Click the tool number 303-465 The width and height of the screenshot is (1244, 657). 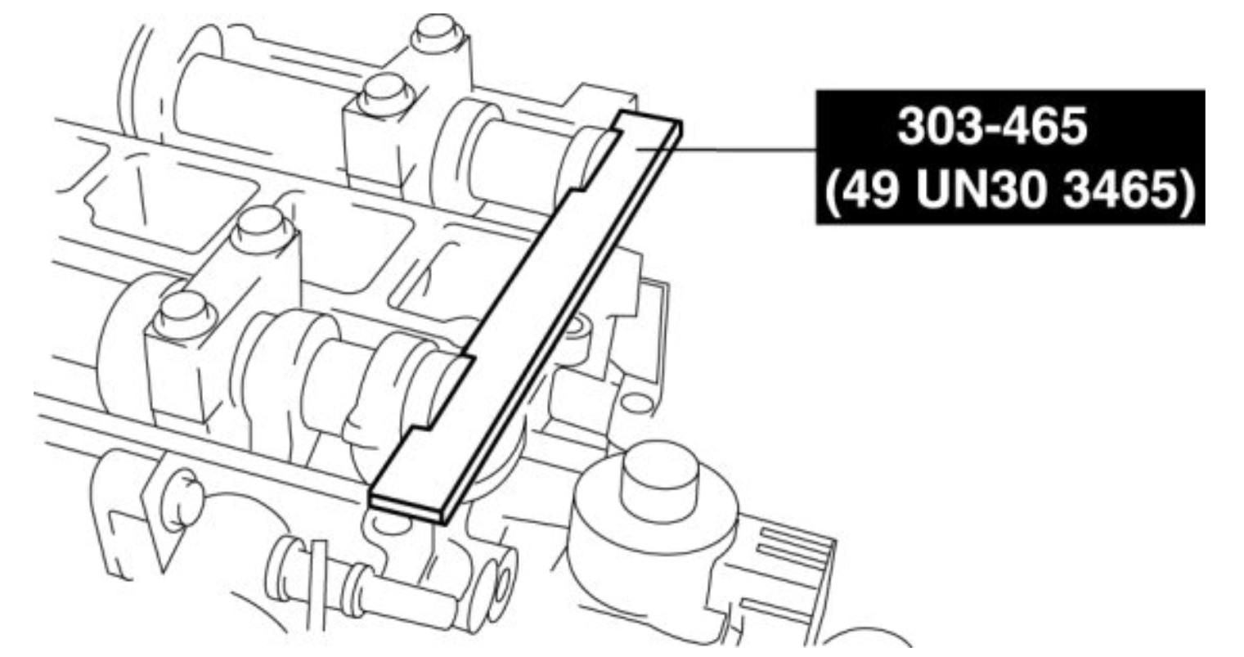(x=992, y=126)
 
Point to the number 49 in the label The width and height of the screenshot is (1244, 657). (x=872, y=191)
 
